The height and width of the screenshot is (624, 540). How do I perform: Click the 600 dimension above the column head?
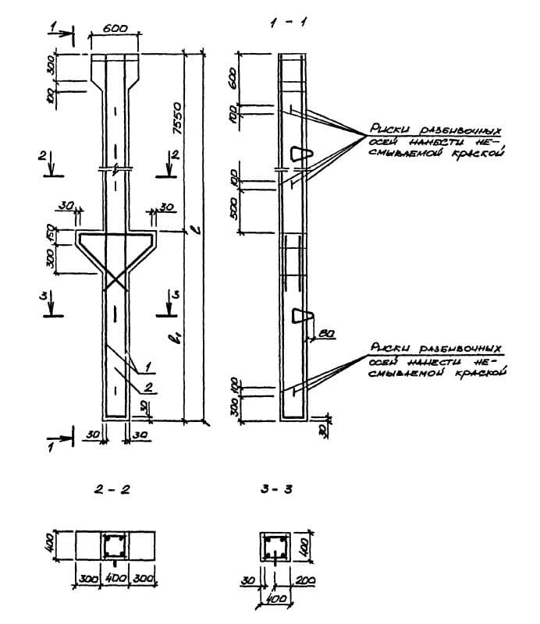pos(115,27)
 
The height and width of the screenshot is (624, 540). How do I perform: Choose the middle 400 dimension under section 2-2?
pos(115,580)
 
